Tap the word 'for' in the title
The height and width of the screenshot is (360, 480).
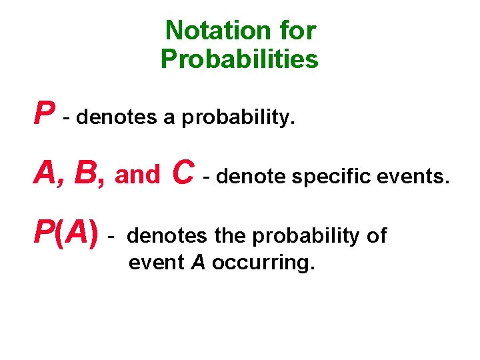point(298,30)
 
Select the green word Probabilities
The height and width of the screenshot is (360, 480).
point(239,59)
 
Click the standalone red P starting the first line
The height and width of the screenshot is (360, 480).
point(44,114)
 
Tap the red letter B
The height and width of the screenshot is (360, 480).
point(89,174)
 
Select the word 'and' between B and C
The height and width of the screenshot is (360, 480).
point(138,176)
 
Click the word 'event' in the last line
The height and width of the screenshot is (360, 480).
point(157,263)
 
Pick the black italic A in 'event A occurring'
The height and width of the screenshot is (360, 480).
point(198,263)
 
